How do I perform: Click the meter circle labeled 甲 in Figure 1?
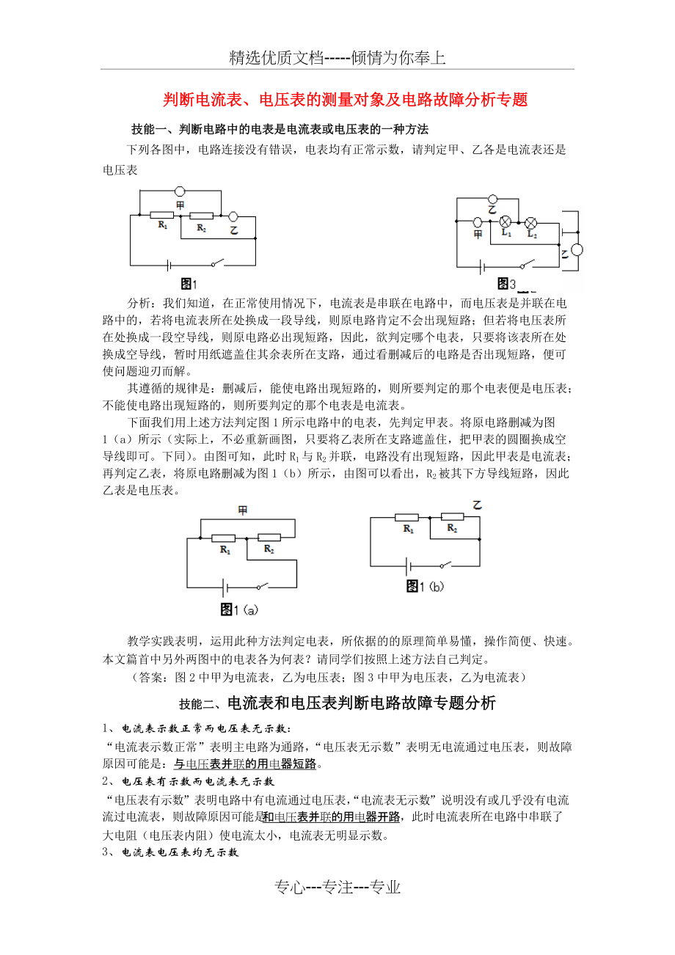tap(180, 193)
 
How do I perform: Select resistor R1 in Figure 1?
tap(161, 216)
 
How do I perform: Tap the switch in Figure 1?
tap(217, 263)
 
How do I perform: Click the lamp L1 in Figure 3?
tap(506, 222)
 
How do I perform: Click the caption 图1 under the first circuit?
tap(189, 283)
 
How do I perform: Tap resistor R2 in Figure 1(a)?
tap(269, 538)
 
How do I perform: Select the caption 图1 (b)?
tap(426, 586)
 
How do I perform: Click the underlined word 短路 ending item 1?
tap(305, 764)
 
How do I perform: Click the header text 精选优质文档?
tap(277, 58)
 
